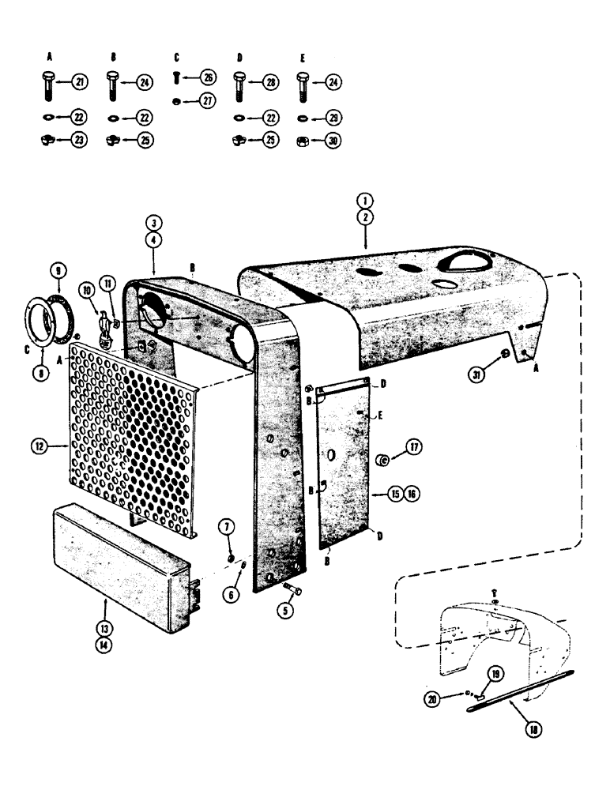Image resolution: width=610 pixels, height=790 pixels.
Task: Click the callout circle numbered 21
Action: [81, 82]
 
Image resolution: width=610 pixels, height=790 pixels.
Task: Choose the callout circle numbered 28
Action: [270, 82]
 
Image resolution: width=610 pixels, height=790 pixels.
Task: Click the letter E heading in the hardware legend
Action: [301, 56]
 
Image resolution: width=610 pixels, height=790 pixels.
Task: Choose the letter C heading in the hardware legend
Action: [175, 56]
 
